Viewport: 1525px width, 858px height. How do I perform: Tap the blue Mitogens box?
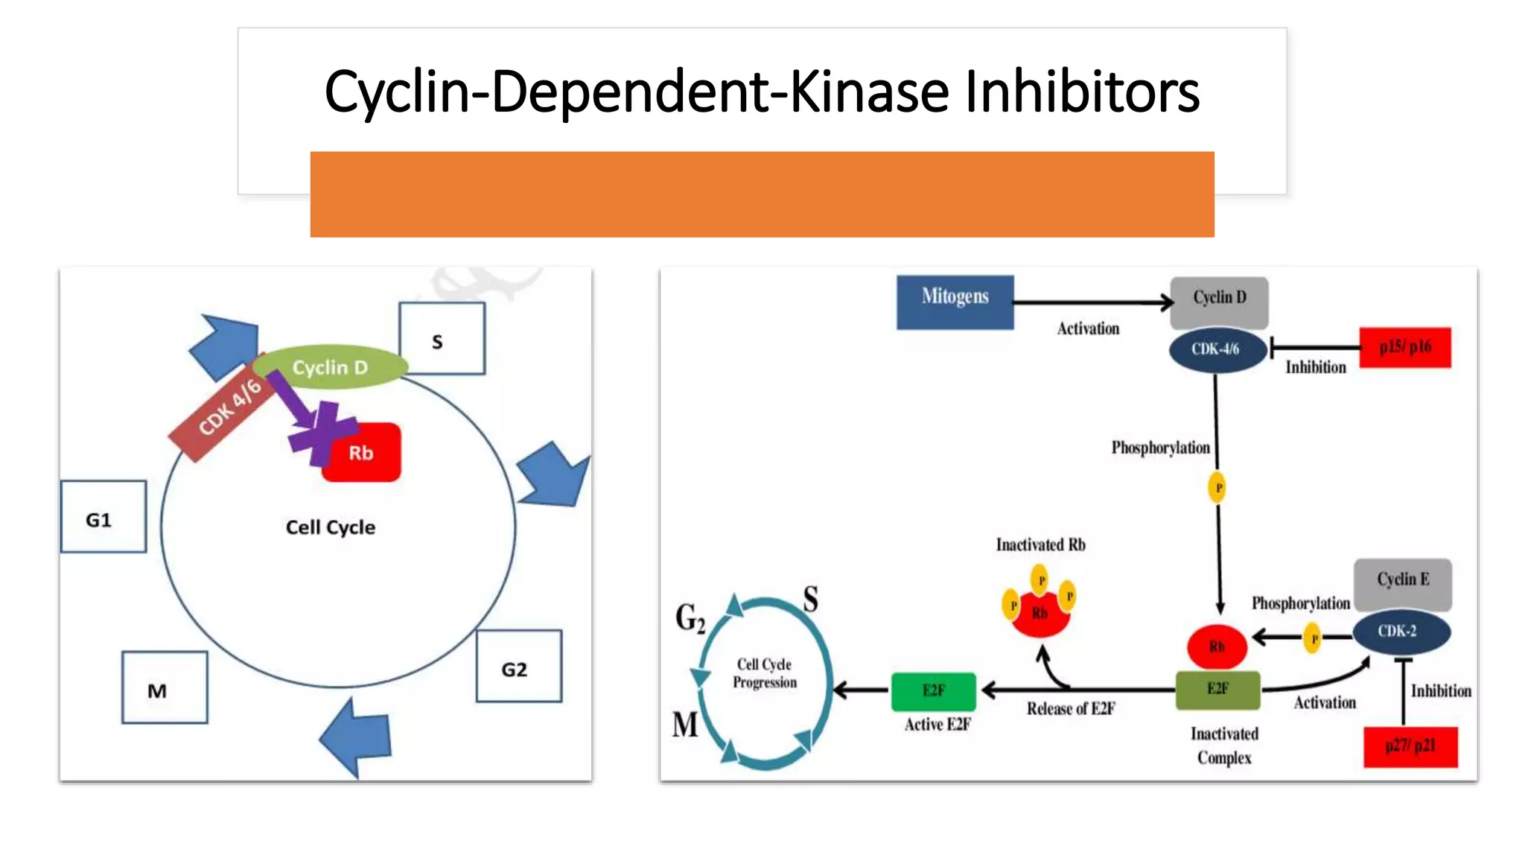pos(955,302)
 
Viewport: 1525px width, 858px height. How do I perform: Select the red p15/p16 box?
pos(1404,347)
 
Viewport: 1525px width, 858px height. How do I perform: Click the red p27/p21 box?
pos(1410,746)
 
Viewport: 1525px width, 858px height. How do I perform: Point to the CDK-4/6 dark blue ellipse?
pos(1217,349)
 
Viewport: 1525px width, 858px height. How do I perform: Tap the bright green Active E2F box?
pos(933,690)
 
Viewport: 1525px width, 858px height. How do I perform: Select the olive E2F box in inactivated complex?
pos(1217,689)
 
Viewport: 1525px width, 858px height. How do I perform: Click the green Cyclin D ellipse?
pos(330,367)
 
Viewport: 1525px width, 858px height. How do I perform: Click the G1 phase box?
pos(103,517)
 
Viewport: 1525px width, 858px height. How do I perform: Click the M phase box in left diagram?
pos(164,687)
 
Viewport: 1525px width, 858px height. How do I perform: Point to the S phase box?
pos(442,338)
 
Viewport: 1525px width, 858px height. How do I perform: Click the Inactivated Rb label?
pos(1040,545)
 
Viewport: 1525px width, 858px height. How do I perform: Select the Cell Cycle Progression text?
pos(765,673)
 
